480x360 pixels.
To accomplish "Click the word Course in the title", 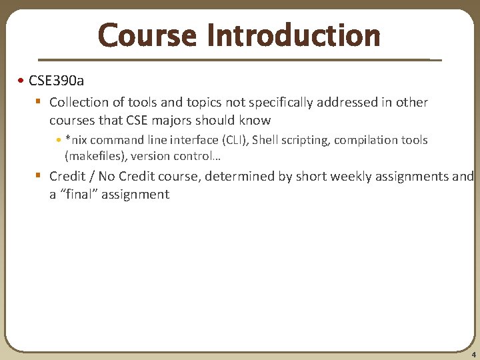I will [x=147, y=35].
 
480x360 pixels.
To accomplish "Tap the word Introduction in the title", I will [x=293, y=35].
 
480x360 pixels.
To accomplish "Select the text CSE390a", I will [x=57, y=81].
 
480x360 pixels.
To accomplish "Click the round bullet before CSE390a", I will [x=22, y=81].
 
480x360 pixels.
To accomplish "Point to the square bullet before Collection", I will [x=39, y=102].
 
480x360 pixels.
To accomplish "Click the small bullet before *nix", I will [x=59, y=141].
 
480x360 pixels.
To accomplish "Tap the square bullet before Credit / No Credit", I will [x=39, y=176].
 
